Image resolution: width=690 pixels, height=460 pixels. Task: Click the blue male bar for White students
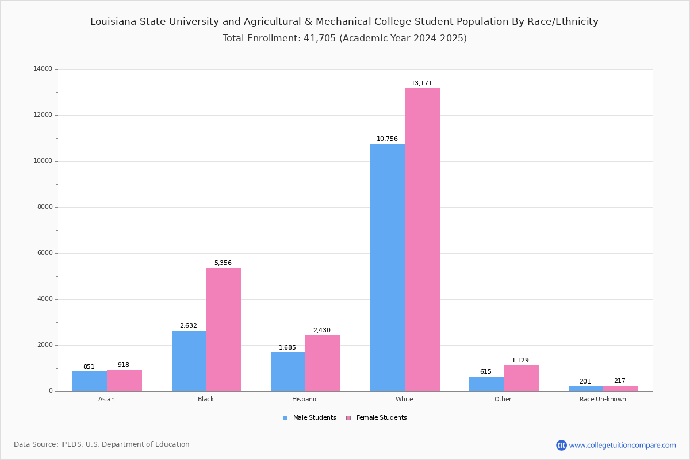(x=388, y=267)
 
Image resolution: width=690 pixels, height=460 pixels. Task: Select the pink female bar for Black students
(x=224, y=329)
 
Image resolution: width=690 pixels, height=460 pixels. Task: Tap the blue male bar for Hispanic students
(x=288, y=371)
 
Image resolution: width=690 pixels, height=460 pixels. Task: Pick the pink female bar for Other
(x=521, y=378)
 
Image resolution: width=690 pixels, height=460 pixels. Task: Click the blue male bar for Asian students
(x=90, y=381)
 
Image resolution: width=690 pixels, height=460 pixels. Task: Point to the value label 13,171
(x=421, y=83)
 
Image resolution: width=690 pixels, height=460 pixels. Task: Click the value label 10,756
(x=387, y=139)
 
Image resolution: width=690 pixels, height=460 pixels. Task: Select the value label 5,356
(x=223, y=263)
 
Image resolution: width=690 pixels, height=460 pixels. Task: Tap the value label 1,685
(x=287, y=347)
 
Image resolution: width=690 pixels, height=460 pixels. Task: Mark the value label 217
(x=619, y=381)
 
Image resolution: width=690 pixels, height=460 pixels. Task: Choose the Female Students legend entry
(x=377, y=418)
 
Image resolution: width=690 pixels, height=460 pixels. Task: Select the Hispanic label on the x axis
(x=305, y=399)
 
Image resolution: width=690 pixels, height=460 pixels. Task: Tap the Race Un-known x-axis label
(x=603, y=399)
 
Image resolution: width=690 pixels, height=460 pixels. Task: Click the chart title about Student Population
(x=344, y=22)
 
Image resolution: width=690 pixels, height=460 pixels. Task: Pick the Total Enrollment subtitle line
(x=344, y=39)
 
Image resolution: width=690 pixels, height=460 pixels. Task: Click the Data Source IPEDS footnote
(x=102, y=444)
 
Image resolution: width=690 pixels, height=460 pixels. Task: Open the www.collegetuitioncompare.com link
(x=622, y=445)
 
